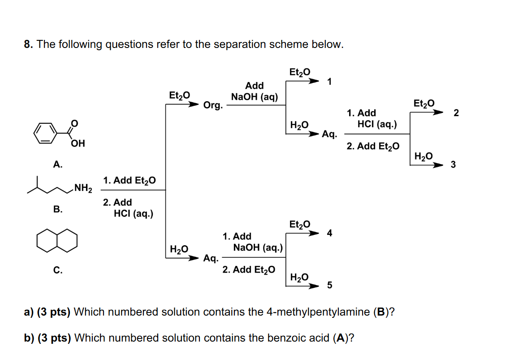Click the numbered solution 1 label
330,82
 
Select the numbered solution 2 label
456,113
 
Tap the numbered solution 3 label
453,165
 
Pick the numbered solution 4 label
330,233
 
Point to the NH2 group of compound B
83,188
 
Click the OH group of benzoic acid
78,144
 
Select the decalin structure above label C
57,241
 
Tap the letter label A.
57,165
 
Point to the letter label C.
57,270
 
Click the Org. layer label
213,105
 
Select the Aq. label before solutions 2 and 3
330,134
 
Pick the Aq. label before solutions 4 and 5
211,258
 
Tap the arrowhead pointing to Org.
194,105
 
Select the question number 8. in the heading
28,44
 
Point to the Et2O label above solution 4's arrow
300,224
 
